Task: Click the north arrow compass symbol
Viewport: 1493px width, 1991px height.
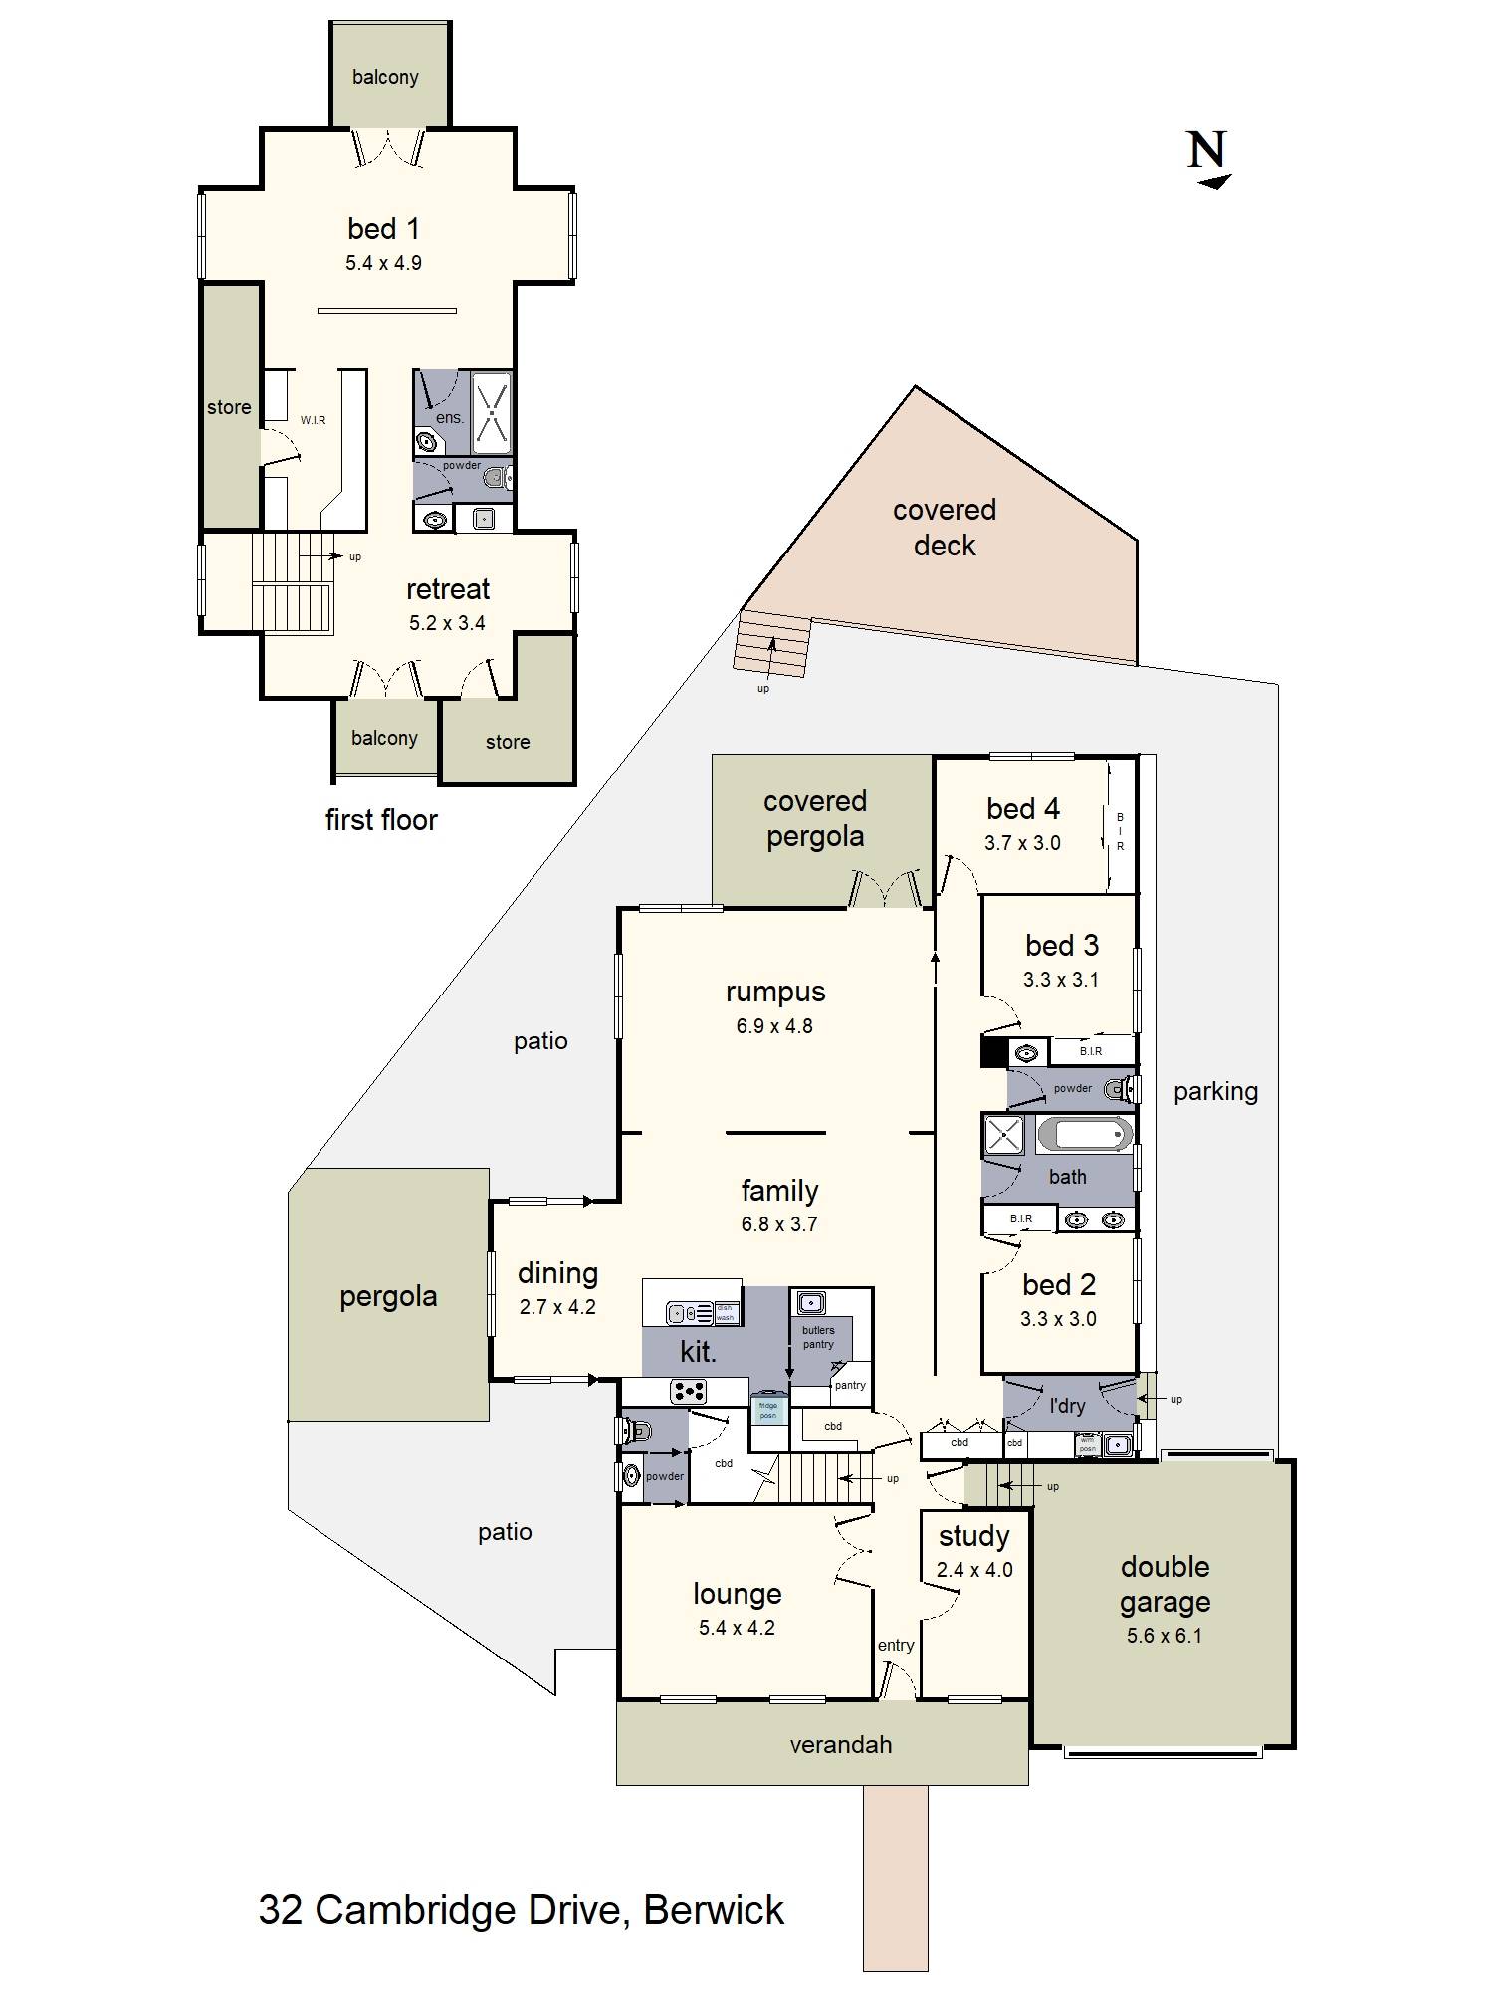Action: [x=1208, y=159]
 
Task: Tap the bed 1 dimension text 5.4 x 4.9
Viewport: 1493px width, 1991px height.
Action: [x=383, y=264]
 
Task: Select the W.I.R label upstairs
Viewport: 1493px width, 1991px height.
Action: [x=313, y=421]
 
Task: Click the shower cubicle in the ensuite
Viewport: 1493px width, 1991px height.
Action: [x=491, y=411]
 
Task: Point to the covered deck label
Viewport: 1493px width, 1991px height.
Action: [x=944, y=528]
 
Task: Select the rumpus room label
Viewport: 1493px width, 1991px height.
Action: [x=775, y=992]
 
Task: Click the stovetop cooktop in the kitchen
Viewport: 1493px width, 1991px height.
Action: [x=688, y=1391]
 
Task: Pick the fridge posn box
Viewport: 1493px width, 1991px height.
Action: [x=767, y=1411]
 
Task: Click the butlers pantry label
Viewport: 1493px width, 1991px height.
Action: [x=818, y=1337]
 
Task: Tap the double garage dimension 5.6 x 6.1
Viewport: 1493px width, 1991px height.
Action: [x=1164, y=1636]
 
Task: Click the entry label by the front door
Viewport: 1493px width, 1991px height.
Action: [x=895, y=1646]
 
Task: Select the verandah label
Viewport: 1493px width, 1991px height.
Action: [x=840, y=1745]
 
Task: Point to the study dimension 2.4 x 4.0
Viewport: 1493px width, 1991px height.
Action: [x=973, y=1571]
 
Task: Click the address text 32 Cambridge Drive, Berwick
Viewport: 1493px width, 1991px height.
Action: [x=521, y=1910]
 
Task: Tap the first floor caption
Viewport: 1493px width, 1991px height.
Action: [x=381, y=820]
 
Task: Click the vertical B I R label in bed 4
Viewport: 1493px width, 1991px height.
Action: [x=1120, y=832]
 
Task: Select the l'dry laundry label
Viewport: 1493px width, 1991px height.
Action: [x=1067, y=1406]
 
